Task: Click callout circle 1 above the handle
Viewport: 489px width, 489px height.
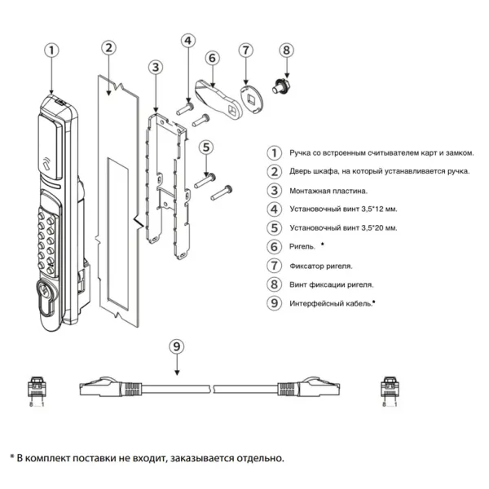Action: coord(51,50)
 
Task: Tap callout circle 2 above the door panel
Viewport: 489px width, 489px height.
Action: coord(108,46)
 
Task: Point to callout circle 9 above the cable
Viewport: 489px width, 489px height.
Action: coord(177,346)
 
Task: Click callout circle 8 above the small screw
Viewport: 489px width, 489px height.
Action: coord(285,50)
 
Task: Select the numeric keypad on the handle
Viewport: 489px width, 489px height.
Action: coord(46,241)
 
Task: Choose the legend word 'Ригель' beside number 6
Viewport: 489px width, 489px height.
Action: coord(302,246)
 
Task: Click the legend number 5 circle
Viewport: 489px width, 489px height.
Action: coord(275,227)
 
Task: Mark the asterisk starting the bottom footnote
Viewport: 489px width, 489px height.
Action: coord(12,458)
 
